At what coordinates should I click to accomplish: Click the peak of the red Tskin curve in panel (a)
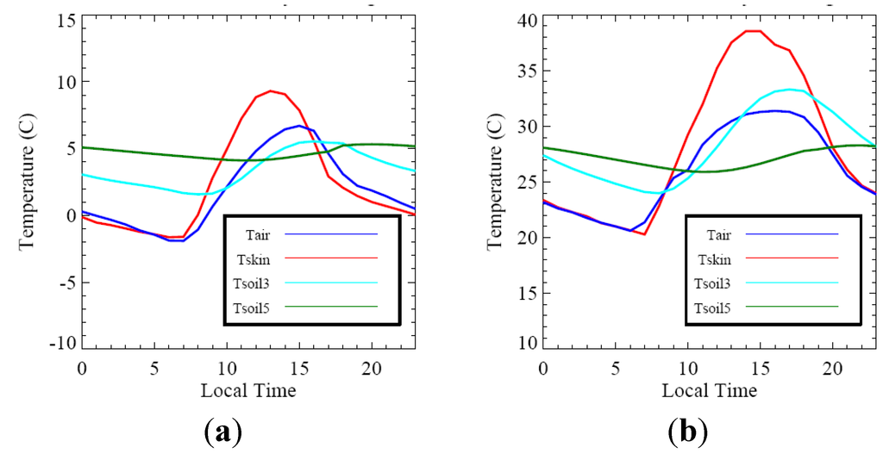pyautogui.click(x=271, y=90)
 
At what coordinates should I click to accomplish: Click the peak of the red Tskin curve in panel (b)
pyautogui.click(x=753, y=31)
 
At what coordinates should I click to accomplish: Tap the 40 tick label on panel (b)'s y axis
pyautogui.click(x=526, y=19)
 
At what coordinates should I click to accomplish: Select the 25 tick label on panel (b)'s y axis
pyautogui.click(x=526, y=183)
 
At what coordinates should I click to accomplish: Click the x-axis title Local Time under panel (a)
pyautogui.click(x=247, y=391)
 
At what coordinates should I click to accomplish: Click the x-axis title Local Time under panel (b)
pyautogui.click(x=709, y=391)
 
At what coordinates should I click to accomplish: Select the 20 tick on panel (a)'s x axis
pyautogui.click(x=373, y=368)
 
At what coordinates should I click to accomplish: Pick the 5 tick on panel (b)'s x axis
pyautogui.click(x=615, y=368)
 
